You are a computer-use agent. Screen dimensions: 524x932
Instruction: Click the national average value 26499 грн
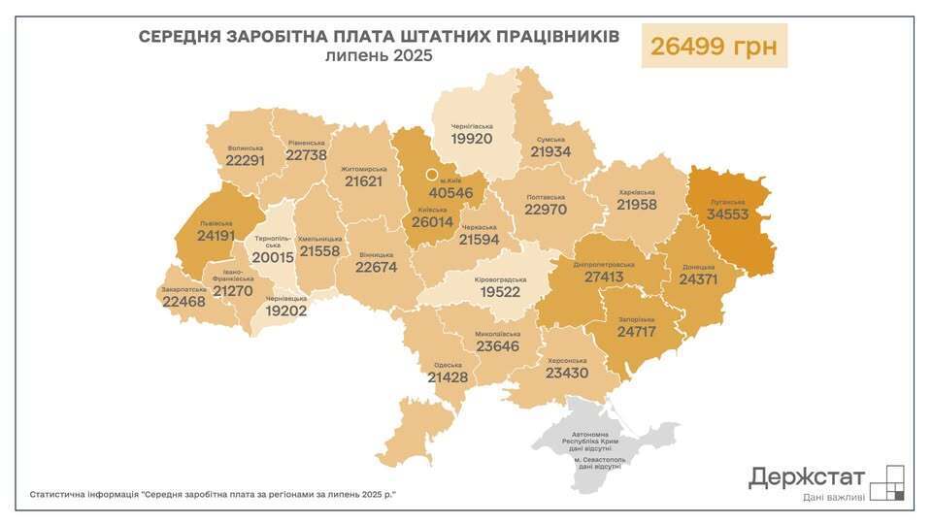714,46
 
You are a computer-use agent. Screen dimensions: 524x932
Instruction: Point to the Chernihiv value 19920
472,139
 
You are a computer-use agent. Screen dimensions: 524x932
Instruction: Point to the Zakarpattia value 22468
185,302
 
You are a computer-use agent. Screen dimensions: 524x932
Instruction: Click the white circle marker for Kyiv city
433,176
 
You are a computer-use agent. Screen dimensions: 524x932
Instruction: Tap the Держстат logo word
806,476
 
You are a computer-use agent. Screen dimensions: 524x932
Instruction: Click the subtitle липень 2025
379,56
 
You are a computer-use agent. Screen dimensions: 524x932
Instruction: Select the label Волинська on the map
244,148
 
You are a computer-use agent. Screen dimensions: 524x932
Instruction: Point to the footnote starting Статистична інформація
213,494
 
